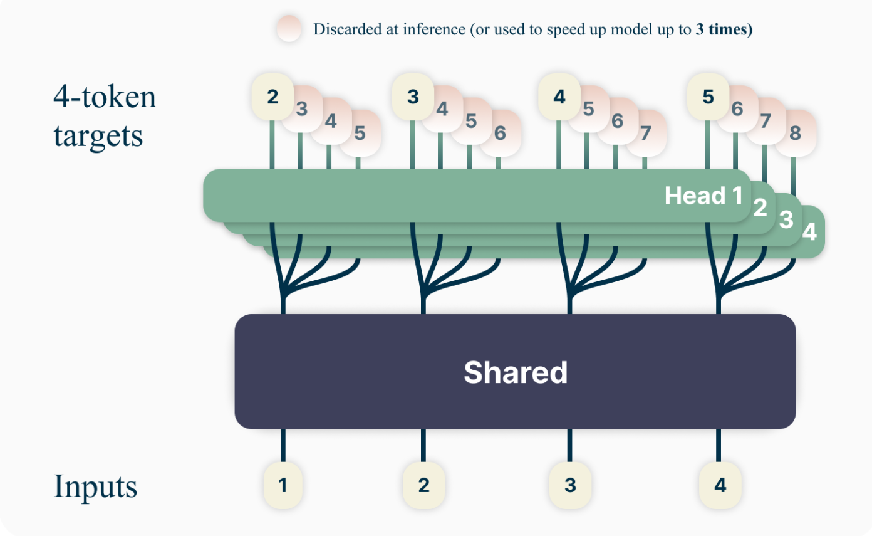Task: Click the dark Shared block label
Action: point(515,372)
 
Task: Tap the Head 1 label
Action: point(703,196)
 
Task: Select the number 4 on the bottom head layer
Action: point(809,232)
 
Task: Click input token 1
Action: point(283,485)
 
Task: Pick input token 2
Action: point(423,485)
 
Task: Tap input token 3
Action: point(570,485)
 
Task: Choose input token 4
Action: point(720,485)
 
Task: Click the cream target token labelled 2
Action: point(272,97)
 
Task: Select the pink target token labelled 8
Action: point(795,134)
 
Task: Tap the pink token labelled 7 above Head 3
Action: point(766,121)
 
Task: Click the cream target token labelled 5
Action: point(708,97)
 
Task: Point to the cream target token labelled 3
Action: point(413,97)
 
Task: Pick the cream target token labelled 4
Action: point(559,97)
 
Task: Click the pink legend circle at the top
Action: point(290,29)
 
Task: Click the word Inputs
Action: point(95,487)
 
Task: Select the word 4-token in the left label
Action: point(105,97)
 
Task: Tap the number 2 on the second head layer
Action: point(760,208)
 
